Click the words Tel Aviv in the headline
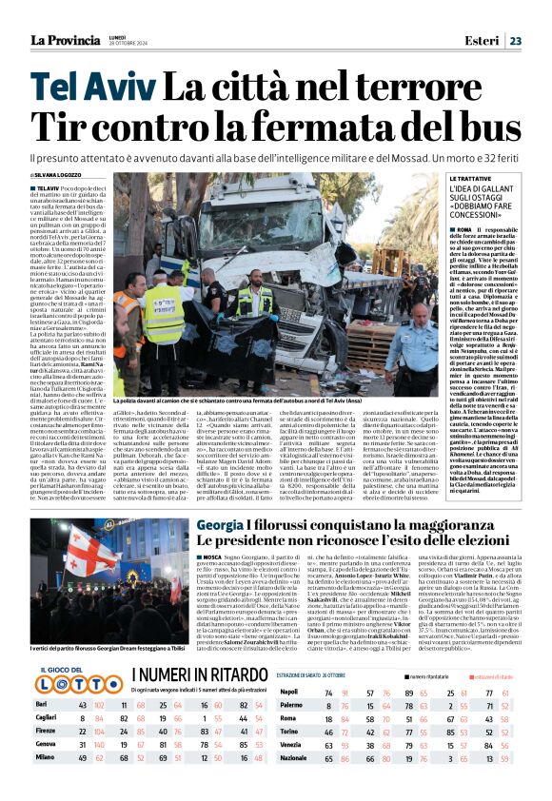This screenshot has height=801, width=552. coord(88,89)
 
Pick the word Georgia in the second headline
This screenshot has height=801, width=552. coord(220,525)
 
